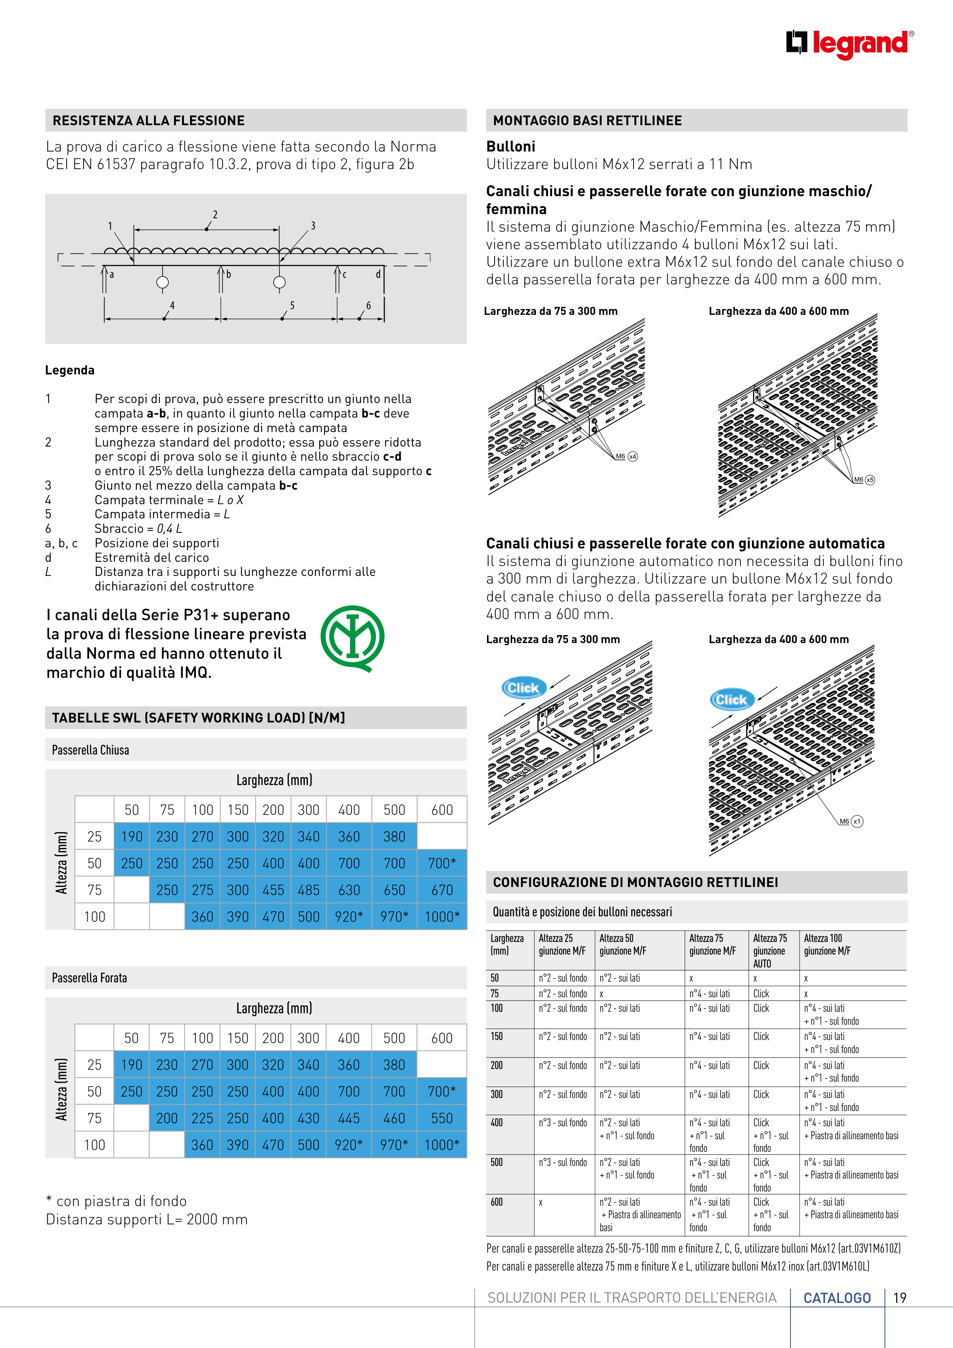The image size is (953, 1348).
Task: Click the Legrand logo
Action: [849, 44]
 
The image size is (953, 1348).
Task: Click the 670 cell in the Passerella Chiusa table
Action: [442, 890]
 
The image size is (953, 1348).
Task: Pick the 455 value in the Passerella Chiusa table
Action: [273, 890]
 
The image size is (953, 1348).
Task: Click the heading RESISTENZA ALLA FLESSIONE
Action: [148, 120]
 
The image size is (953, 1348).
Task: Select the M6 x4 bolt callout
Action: [626, 456]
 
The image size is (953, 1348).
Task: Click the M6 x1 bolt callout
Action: [850, 821]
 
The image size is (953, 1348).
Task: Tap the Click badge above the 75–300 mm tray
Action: [523, 687]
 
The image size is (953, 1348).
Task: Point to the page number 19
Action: [900, 1298]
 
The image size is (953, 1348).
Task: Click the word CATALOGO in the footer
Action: [837, 1298]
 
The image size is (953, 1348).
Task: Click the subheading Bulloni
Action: [510, 146]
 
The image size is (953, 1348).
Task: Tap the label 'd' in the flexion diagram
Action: [378, 274]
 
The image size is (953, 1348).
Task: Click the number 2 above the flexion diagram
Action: [215, 214]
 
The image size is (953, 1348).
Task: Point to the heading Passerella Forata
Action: [89, 977]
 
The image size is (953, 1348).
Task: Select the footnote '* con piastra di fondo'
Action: [116, 1201]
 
